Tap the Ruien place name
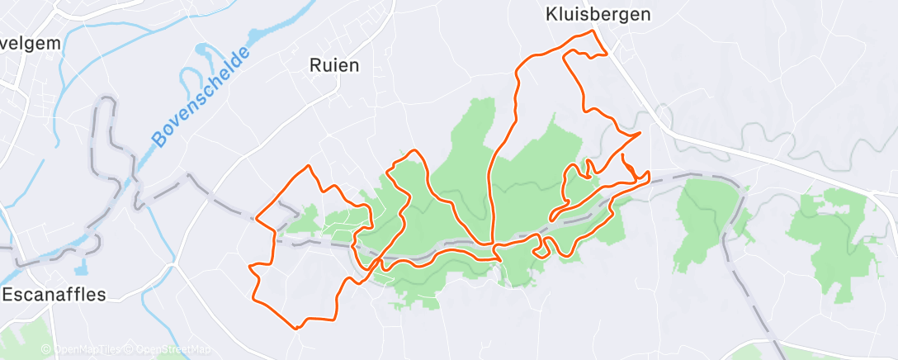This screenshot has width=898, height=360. click(333, 64)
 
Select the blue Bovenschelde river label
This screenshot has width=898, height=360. click(201, 98)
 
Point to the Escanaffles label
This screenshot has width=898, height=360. click(54, 294)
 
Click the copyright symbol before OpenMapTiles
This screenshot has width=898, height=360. click(46, 350)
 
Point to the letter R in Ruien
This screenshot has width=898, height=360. click(314, 64)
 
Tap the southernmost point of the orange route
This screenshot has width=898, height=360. click(295, 328)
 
